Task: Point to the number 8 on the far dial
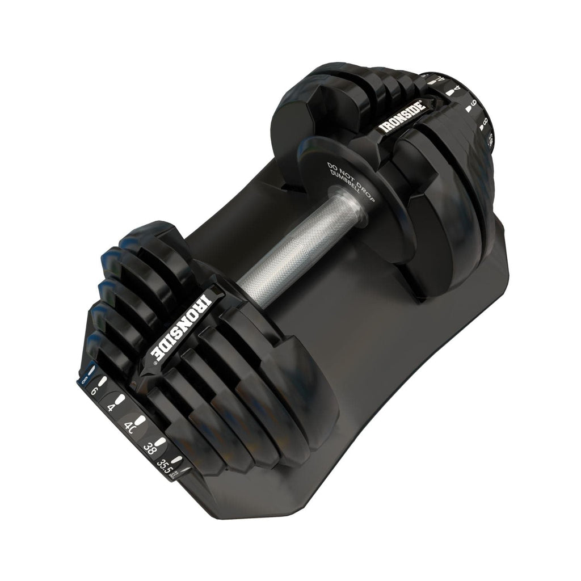pos(485,122)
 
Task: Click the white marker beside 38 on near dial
pos(162,441)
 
